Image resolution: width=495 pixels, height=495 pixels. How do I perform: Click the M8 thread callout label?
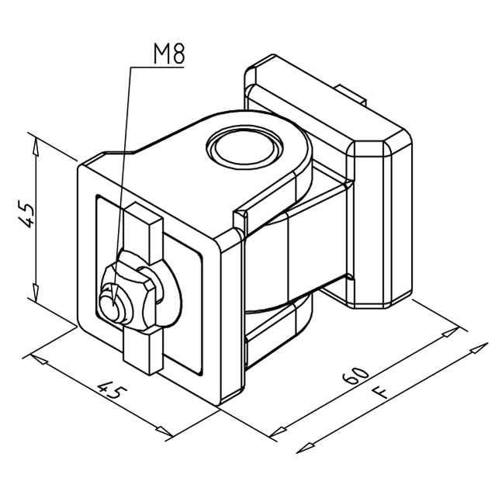(x=169, y=54)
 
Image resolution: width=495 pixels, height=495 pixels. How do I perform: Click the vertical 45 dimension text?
(x=26, y=213)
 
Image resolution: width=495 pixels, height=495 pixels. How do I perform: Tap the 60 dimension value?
(x=355, y=376)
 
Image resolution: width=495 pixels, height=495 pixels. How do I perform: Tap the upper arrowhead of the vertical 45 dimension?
(x=36, y=147)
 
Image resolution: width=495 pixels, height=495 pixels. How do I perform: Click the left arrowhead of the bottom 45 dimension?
(x=39, y=359)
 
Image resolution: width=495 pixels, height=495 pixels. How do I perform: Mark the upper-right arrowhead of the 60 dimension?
(x=450, y=332)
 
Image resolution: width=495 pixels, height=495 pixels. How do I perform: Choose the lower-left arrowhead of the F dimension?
(x=305, y=448)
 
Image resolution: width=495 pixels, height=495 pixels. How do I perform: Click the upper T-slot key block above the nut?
(x=144, y=233)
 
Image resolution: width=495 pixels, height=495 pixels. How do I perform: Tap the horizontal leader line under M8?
(x=157, y=67)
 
